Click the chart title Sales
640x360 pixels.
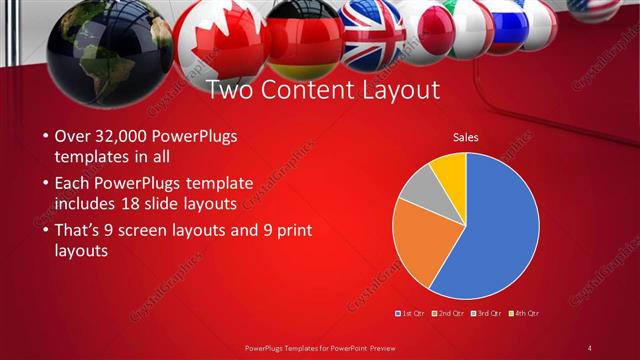pos(465,136)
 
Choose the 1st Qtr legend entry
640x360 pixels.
pos(412,313)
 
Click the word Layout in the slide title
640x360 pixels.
pos(400,90)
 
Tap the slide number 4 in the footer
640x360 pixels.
pos(590,347)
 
